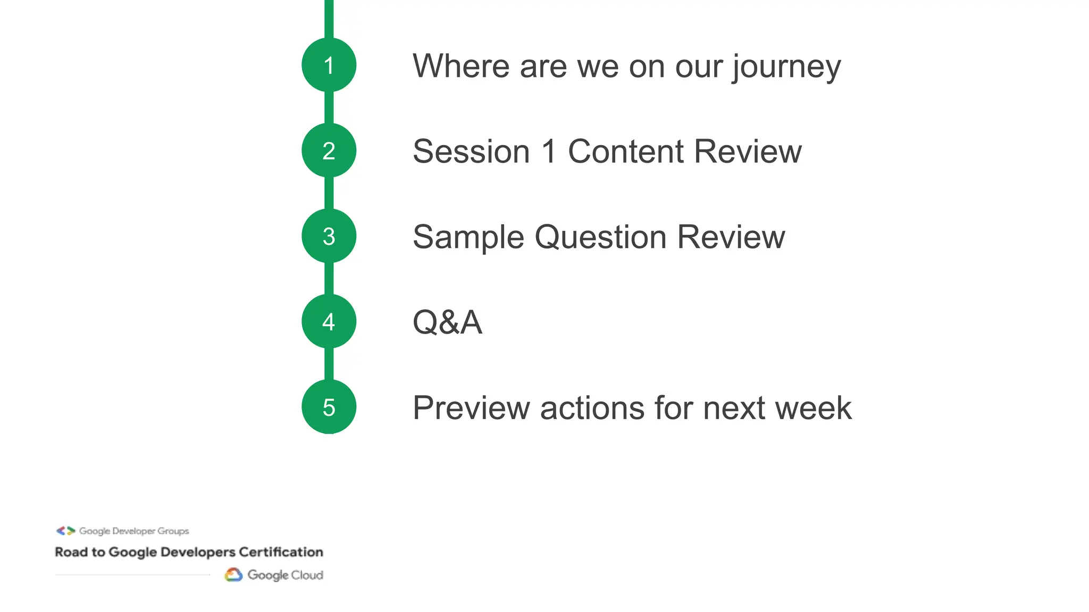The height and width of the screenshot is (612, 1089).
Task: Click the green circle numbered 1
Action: tap(329, 65)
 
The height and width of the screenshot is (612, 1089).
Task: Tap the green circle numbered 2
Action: tap(329, 151)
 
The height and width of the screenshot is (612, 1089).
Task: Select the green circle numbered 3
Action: tap(329, 236)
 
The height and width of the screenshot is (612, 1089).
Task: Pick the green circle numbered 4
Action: tap(329, 322)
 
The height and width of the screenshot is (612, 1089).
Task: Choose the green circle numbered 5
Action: tap(329, 407)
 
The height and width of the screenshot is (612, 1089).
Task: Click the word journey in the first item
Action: tap(786, 67)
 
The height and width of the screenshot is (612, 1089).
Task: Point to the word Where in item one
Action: tap(461, 66)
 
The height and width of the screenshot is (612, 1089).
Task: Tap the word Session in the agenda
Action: tap(471, 152)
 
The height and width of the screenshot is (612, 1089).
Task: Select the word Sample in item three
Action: tap(468, 237)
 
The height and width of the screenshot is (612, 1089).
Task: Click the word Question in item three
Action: tap(600, 237)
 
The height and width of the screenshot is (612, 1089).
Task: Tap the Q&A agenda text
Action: tap(447, 322)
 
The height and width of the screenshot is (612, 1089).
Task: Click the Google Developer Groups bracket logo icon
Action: tap(66, 531)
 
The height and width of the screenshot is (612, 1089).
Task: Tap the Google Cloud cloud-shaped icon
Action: tap(233, 575)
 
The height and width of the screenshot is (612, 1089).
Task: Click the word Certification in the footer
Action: tap(281, 552)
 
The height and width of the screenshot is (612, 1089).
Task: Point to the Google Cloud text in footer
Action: tap(285, 575)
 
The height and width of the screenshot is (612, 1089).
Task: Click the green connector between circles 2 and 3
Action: tap(329, 193)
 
